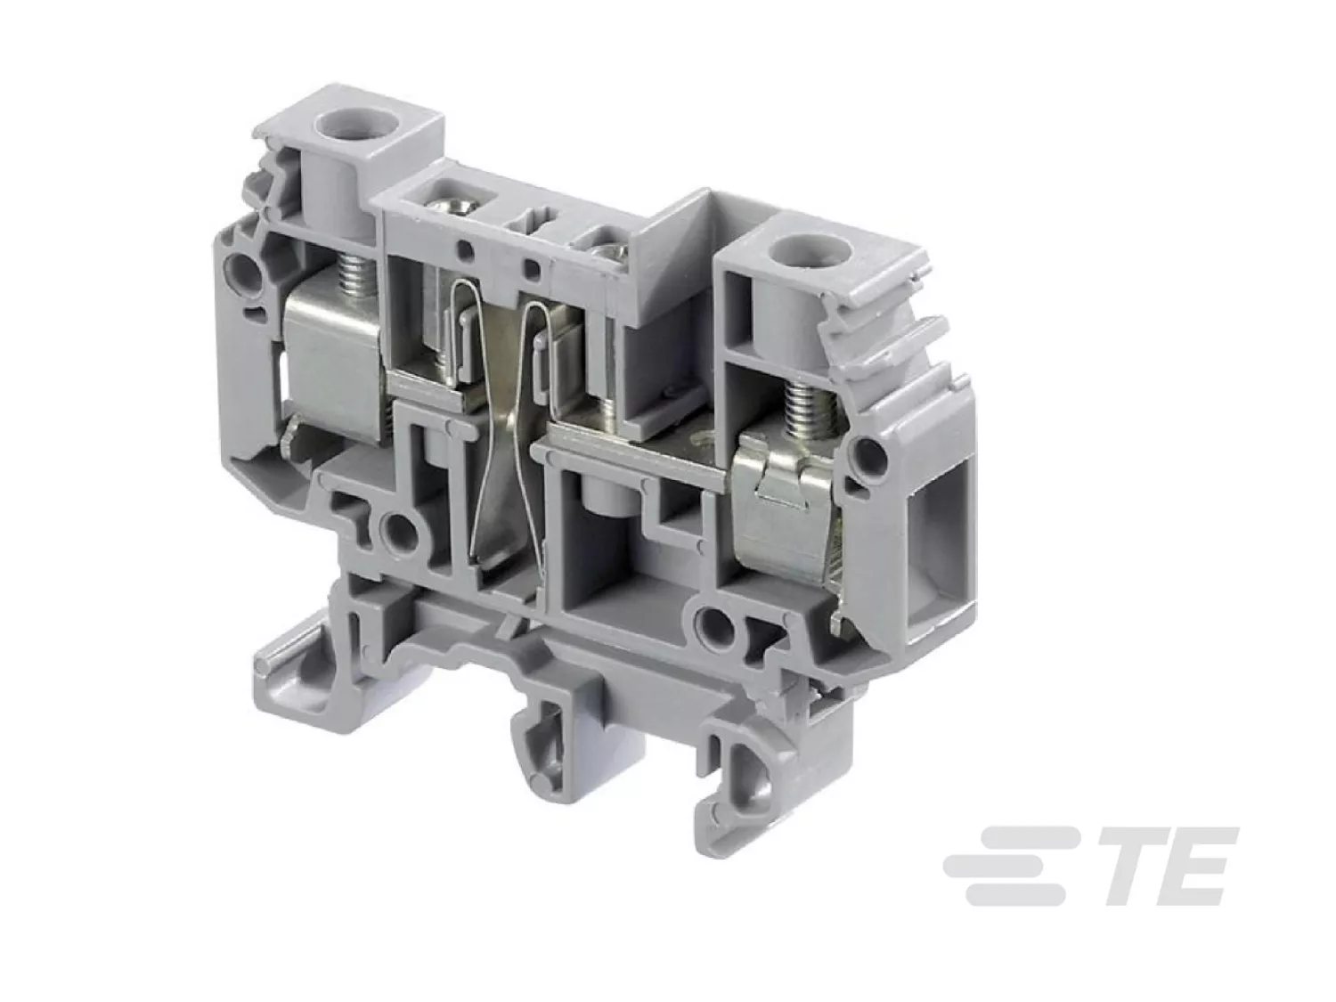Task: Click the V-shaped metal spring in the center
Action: coord(505,426)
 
